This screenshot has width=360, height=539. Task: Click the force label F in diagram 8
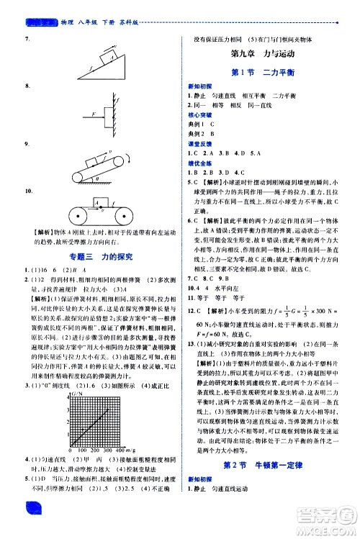coord(85,113)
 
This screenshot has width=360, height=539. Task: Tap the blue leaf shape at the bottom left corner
coord(35,526)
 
